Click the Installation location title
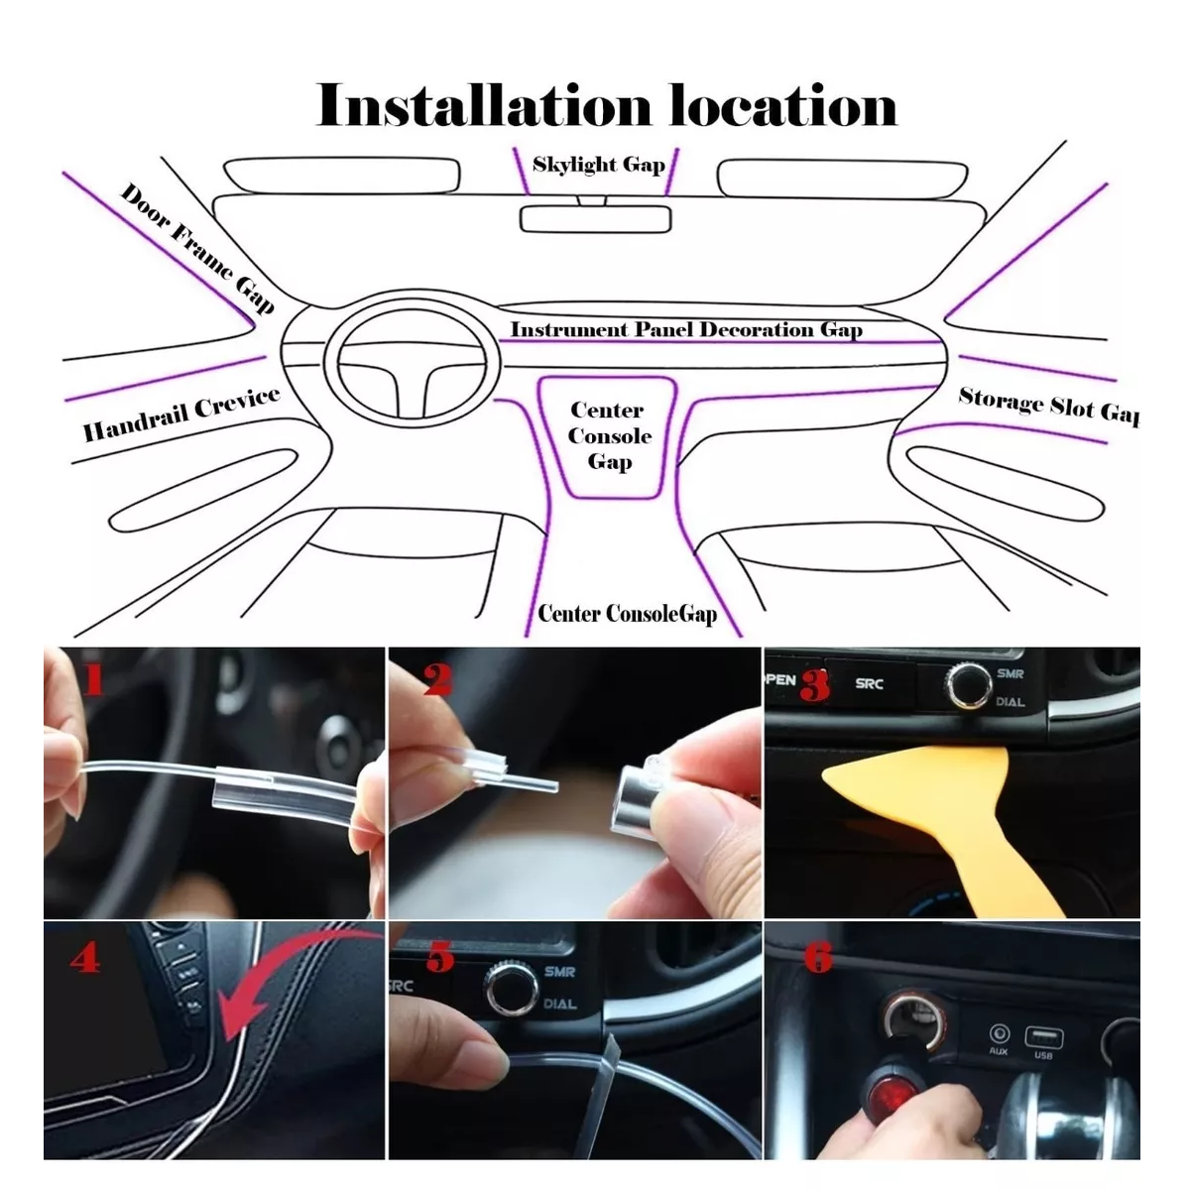click(x=606, y=106)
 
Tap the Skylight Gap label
click(x=598, y=165)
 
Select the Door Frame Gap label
click(x=196, y=248)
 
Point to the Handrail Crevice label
click(x=180, y=415)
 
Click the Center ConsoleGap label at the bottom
click(x=627, y=614)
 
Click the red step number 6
click(x=818, y=958)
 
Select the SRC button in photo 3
click(x=869, y=683)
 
